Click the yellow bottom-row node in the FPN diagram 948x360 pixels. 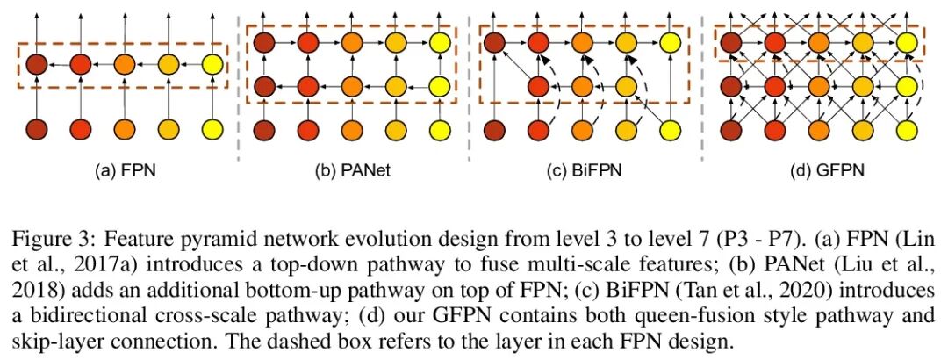[213, 130]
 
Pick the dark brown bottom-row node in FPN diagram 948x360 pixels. [35, 130]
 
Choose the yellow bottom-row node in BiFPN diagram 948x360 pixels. [671, 130]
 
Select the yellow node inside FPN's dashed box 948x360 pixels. [213, 64]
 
